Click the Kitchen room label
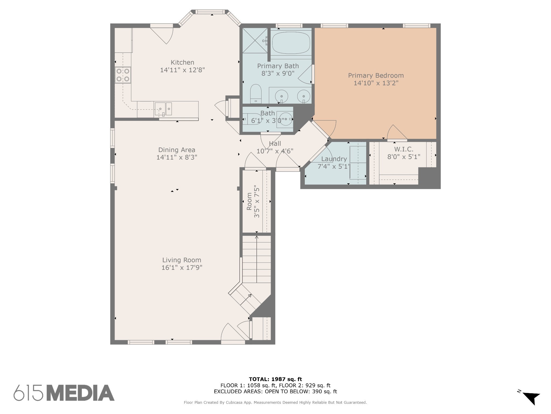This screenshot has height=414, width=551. (x=182, y=62)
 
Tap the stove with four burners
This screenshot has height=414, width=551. (x=123, y=75)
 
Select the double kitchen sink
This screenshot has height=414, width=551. (x=163, y=109)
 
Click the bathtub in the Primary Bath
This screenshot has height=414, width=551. (x=291, y=43)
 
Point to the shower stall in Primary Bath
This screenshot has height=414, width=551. (x=255, y=40)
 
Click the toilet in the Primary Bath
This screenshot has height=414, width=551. (x=256, y=94)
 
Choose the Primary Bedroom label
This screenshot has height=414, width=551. (x=376, y=75)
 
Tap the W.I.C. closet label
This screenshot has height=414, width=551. (x=404, y=149)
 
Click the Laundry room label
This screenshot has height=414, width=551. (x=334, y=159)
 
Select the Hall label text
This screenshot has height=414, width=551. (x=275, y=144)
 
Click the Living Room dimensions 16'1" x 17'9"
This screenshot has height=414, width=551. (x=182, y=268)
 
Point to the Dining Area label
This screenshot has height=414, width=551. (x=177, y=150)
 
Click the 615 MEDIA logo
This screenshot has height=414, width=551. (x=64, y=393)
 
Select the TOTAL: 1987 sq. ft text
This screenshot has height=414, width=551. (x=275, y=379)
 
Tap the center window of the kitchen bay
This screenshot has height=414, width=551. (x=210, y=12)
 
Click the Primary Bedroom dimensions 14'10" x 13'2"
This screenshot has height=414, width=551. (x=376, y=83)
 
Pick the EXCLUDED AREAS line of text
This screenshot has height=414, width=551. (x=275, y=392)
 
